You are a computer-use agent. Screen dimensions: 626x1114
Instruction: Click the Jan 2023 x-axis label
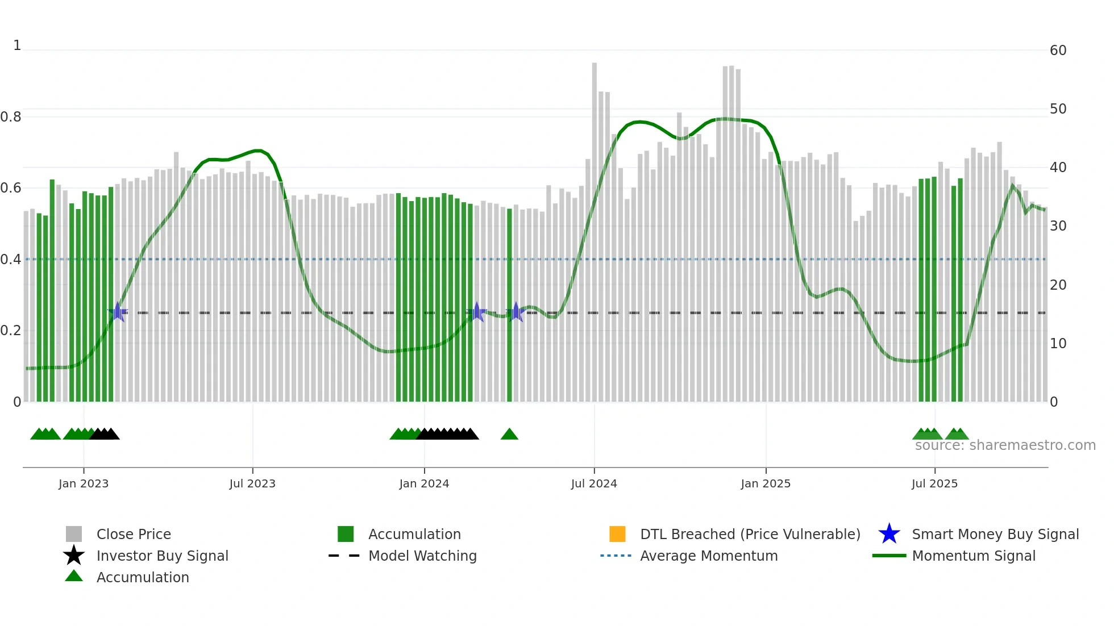point(84,483)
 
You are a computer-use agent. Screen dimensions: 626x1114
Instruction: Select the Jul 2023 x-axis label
point(252,483)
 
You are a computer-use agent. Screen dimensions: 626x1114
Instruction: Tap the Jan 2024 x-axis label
point(424,483)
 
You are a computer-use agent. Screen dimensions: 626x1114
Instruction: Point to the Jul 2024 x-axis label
point(594,483)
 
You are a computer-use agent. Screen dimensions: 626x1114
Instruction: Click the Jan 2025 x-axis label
point(766,483)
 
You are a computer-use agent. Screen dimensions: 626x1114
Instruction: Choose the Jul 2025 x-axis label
point(934,483)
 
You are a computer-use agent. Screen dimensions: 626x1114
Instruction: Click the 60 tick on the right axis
point(1058,51)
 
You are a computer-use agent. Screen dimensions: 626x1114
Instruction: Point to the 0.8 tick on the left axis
point(11,117)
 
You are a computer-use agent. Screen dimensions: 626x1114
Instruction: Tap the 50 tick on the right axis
point(1058,109)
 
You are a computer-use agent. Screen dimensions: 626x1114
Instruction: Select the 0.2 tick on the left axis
point(11,331)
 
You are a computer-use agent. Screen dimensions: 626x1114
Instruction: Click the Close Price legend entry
point(134,534)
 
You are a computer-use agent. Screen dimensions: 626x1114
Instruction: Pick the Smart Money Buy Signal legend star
point(889,534)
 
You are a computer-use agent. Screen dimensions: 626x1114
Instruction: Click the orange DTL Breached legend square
point(617,534)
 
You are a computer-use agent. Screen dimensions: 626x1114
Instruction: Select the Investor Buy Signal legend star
point(74,556)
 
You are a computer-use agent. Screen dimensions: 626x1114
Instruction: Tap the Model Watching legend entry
point(422,556)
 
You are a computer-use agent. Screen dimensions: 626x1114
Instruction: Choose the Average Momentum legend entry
point(709,556)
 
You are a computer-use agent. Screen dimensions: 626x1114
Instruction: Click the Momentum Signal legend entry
point(974,556)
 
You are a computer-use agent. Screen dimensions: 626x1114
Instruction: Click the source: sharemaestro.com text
point(1005,445)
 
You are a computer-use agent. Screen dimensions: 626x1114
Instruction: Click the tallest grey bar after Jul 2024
point(595,227)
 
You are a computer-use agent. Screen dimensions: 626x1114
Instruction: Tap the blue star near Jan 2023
point(118,312)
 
